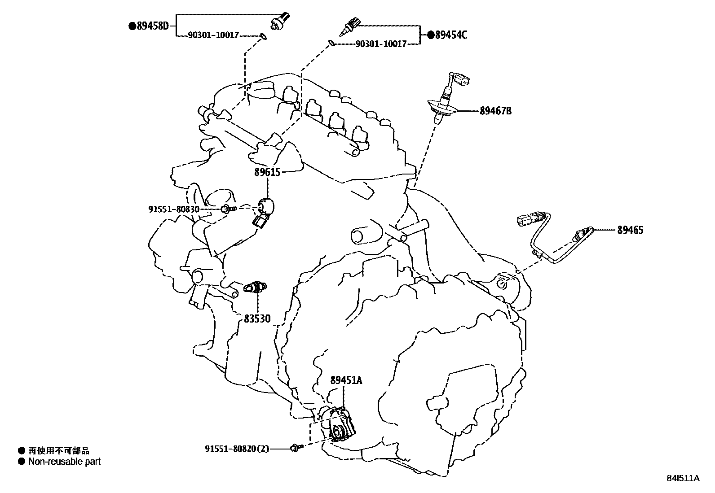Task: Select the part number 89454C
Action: [x=450, y=35]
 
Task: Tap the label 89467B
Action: [x=495, y=111]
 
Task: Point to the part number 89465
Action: [x=630, y=230]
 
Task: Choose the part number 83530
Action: [x=257, y=318]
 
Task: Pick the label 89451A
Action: [x=346, y=380]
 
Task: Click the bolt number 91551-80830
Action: [x=174, y=209]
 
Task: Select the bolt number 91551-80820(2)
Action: [x=237, y=448]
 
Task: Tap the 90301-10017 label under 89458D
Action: [x=213, y=35]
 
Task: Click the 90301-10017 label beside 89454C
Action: [x=381, y=44]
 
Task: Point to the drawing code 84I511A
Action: [x=683, y=478]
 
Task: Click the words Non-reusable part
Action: [x=64, y=461]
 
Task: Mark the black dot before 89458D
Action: [x=132, y=26]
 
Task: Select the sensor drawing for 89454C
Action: [x=350, y=26]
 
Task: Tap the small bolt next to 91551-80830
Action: [x=229, y=209]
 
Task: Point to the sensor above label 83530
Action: [x=255, y=286]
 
